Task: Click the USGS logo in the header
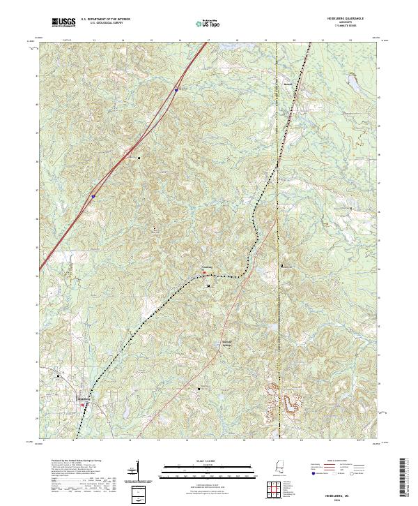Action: (x=64, y=22)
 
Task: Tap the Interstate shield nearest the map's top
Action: (x=176, y=89)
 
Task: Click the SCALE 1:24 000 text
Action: (x=208, y=461)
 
